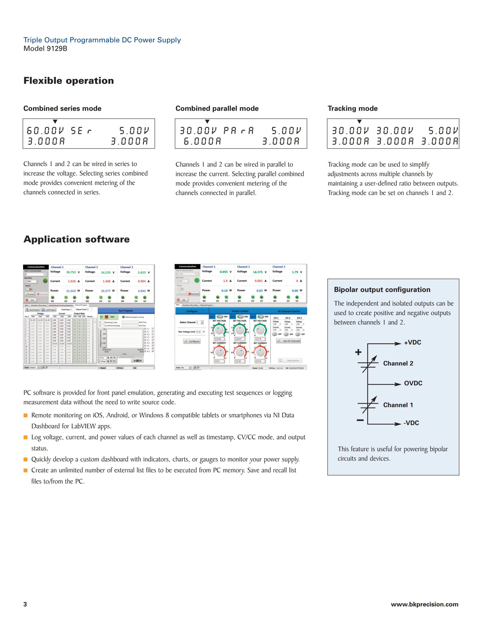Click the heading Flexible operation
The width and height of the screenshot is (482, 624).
[x=69, y=81]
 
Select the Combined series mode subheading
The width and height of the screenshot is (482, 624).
[x=62, y=109]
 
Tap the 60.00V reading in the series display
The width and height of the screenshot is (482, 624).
[x=45, y=131]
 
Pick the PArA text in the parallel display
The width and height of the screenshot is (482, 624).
[x=238, y=131]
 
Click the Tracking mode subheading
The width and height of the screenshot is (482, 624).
[x=352, y=109]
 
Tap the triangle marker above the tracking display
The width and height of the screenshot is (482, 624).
[x=359, y=122]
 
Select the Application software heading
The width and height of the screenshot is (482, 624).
[x=77, y=239]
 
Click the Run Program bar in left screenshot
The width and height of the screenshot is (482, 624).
[x=126, y=310]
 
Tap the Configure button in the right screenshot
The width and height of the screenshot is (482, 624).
[x=192, y=341]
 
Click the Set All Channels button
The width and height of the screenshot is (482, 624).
[x=289, y=341]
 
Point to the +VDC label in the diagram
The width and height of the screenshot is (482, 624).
[x=412, y=343]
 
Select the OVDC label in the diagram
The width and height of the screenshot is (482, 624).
[x=413, y=383]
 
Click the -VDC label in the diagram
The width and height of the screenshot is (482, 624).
[x=411, y=423]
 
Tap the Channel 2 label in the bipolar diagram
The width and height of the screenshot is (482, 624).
[x=398, y=363]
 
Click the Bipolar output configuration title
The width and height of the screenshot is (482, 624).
[x=382, y=290]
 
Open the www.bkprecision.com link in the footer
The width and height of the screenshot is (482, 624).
[x=424, y=604]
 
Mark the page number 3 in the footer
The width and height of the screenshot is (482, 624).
[x=25, y=604]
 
